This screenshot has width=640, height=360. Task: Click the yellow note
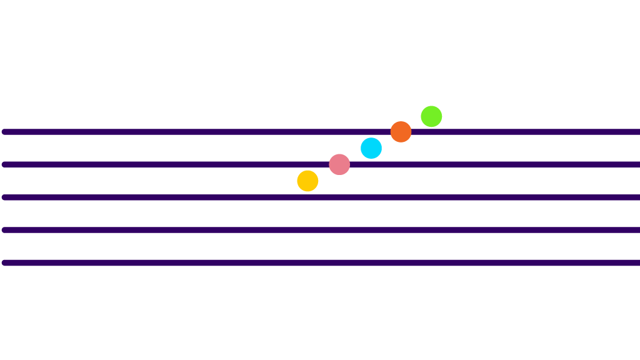pyautogui.click(x=307, y=181)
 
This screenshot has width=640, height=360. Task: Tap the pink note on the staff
pyautogui.click(x=339, y=164)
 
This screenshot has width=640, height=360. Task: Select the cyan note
pyautogui.click(x=371, y=148)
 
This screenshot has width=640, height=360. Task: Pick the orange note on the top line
pyautogui.click(x=401, y=132)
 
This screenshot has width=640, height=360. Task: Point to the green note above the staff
pyautogui.click(x=431, y=116)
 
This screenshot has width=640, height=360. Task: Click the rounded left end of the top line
pyautogui.click(x=5, y=132)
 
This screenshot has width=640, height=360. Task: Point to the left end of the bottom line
pyautogui.click(x=5, y=262)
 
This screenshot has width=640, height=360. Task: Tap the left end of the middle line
pyautogui.click(x=5, y=197)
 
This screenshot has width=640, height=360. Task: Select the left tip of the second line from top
pyautogui.click(x=5, y=164)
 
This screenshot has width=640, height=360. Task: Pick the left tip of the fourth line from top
pyautogui.click(x=5, y=230)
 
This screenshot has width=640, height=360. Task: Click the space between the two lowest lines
pyautogui.click(x=187, y=246)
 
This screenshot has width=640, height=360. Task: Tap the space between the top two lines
pyautogui.click(x=187, y=148)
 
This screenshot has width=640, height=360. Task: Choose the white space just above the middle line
pyautogui.click(x=187, y=181)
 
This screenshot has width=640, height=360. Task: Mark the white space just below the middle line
pyautogui.click(x=187, y=214)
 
